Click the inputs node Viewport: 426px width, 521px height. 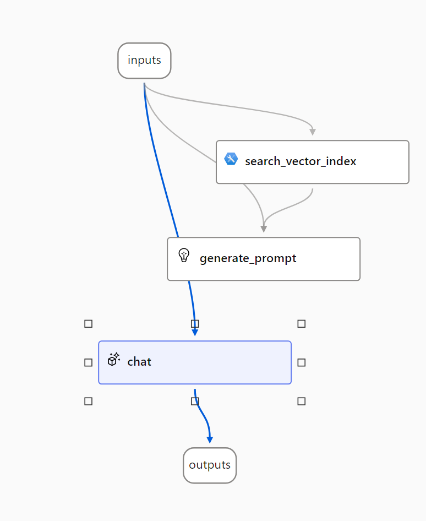click(144, 61)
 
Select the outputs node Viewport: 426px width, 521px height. click(210, 465)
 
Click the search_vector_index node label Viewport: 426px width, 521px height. click(301, 161)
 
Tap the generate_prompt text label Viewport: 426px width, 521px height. click(248, 258)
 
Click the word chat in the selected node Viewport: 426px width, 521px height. click(139, 361)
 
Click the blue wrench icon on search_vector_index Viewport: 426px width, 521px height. click(231, 159)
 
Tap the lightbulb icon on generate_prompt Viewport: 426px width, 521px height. click(184, 256)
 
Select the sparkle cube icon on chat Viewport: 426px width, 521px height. click(114, 359)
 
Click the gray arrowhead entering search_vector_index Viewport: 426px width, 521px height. click(313, 132)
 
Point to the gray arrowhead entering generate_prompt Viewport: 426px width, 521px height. click(264, 229)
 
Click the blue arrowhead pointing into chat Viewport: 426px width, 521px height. click(195, 332)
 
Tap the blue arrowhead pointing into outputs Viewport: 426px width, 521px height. click(210, 439)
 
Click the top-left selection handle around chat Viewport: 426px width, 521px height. click(88, 324)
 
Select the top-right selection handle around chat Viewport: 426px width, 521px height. click(302, 324)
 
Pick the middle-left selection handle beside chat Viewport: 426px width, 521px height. click(88, 362)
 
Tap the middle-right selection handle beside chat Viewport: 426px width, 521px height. click(302, 362)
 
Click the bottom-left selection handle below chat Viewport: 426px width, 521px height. click(88, 401)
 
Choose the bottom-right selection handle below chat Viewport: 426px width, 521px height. click(302, 401)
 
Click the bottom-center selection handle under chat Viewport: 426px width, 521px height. click(195, 401)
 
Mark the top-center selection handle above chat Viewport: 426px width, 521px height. click(195, 324)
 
